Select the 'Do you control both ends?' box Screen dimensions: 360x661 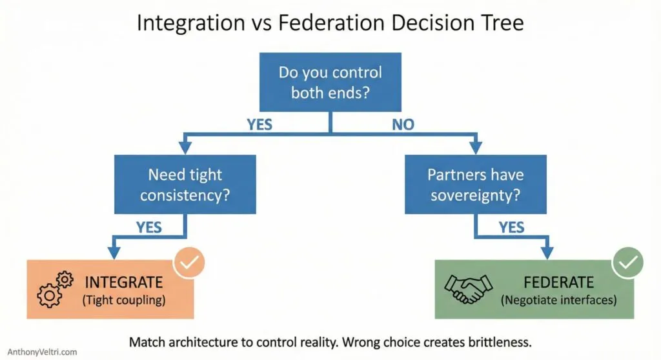pyautogui.click(x=330, y=82)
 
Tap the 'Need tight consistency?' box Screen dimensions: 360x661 pyautogui.click(x=185, y=184)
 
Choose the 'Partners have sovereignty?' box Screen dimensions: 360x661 pyautogui.click(x=475, y=184)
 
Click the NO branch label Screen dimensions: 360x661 pyautogui.click(x=403, y=125)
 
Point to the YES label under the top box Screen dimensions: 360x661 pyautogui.click(x=259, y=125)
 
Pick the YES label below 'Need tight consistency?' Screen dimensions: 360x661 pyautogui.click(x=149, y=227)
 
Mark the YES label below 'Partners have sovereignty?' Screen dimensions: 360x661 pyautogui.click(x=511, y=227)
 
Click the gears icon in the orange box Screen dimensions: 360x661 pyautogui.click(x=55, y=290)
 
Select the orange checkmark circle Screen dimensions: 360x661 pyautogui.click(x=190, y=263)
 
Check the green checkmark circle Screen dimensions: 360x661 pyautogui.click(x=627, y=263)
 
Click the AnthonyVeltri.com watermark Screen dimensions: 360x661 pyautogui.click(x=39, y=352)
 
